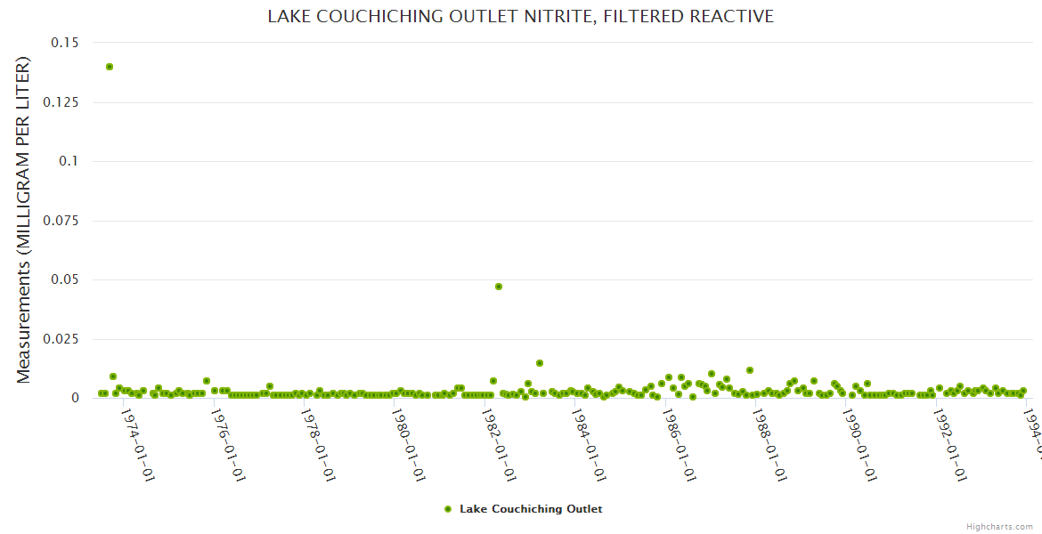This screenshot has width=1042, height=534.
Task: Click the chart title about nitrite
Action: click(520, 16)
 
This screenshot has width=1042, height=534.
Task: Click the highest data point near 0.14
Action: click(110, 67)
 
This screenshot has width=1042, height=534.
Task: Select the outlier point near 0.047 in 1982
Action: click(499, 287)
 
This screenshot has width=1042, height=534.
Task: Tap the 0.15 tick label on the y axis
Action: click(64, 43)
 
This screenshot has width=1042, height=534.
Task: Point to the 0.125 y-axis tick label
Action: click(60, 102)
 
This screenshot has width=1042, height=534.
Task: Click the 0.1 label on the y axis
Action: click(69, 161)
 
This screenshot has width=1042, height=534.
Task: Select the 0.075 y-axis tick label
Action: click(60, 221)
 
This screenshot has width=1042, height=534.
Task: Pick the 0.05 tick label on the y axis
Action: click(64, 279)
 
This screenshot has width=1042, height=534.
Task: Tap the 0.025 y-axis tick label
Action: click(60, 339)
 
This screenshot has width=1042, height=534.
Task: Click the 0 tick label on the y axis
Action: click(76, 398)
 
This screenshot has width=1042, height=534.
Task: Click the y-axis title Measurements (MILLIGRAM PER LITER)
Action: click(24, 221)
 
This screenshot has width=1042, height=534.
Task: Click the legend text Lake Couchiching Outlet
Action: click(531, 509)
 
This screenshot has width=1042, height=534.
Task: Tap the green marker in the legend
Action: click(448, 509)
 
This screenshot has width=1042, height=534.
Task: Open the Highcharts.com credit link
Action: click(999, 526)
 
